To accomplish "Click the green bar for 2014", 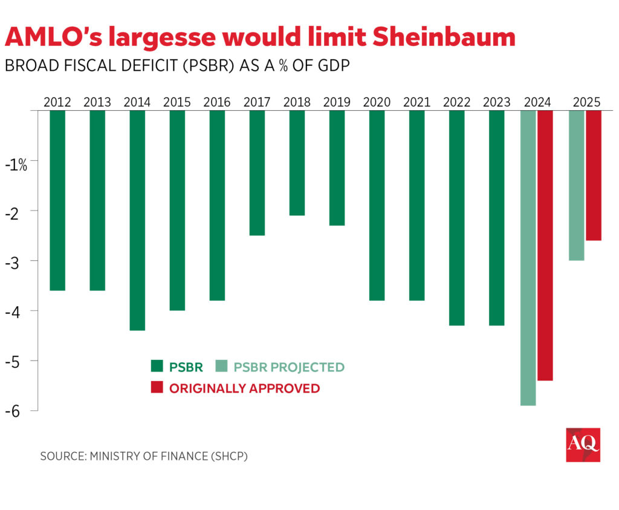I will point(137,220).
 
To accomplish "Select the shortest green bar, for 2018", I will point(297,163).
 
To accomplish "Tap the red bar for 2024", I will point(545,245).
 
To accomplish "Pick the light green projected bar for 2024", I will point(528,258).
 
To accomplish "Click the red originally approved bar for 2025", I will point(594,175).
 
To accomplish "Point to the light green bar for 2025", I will point(577,185).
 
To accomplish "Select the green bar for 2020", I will point(377,206).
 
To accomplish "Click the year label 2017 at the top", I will point(257,102).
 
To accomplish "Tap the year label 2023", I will point(496,102).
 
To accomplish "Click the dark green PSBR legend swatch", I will point(157,367).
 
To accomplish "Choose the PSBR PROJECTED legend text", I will point(289,367).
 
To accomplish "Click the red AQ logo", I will point(583,445).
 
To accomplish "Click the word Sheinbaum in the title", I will point(444,38).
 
